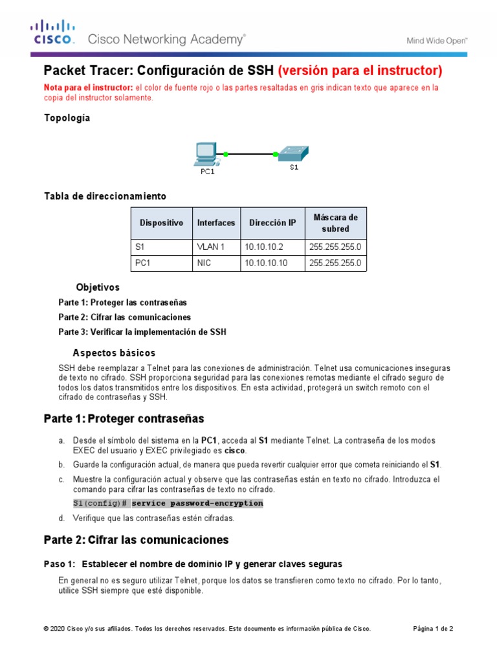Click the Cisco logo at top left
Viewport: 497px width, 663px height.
click(53, 33)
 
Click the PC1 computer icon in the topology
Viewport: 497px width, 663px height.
click(206, 154)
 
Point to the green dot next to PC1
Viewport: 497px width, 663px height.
click(226, 154)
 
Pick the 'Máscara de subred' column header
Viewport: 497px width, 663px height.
click(335, 223)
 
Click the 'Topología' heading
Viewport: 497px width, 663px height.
click(67, 118)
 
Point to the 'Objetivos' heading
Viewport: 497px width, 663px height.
click(98, 287)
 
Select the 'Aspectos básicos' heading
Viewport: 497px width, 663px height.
click(114, 353)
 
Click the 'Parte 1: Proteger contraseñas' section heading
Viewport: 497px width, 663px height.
click(124, 418)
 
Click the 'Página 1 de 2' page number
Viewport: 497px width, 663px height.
click(433, 628)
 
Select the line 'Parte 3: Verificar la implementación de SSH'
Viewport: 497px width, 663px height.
click(142, 332)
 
